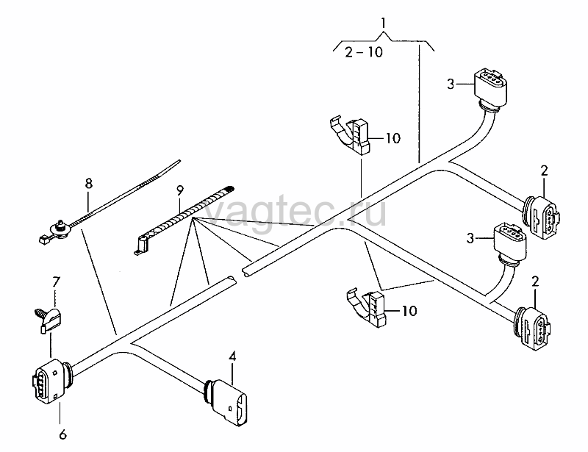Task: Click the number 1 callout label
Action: click(x=383, y=24)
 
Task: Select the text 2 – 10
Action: click(x=363, y=51)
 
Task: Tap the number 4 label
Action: click(x=232, y=356)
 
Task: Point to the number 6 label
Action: click(x=62, y=434)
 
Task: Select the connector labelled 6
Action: click(x=51, y=381)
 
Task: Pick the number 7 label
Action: click(x=56, y=281)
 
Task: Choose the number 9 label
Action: click(x=180, y=190)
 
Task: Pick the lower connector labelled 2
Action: click(x=531, y=329)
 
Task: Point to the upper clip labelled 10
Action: click(x=351, y=136)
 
